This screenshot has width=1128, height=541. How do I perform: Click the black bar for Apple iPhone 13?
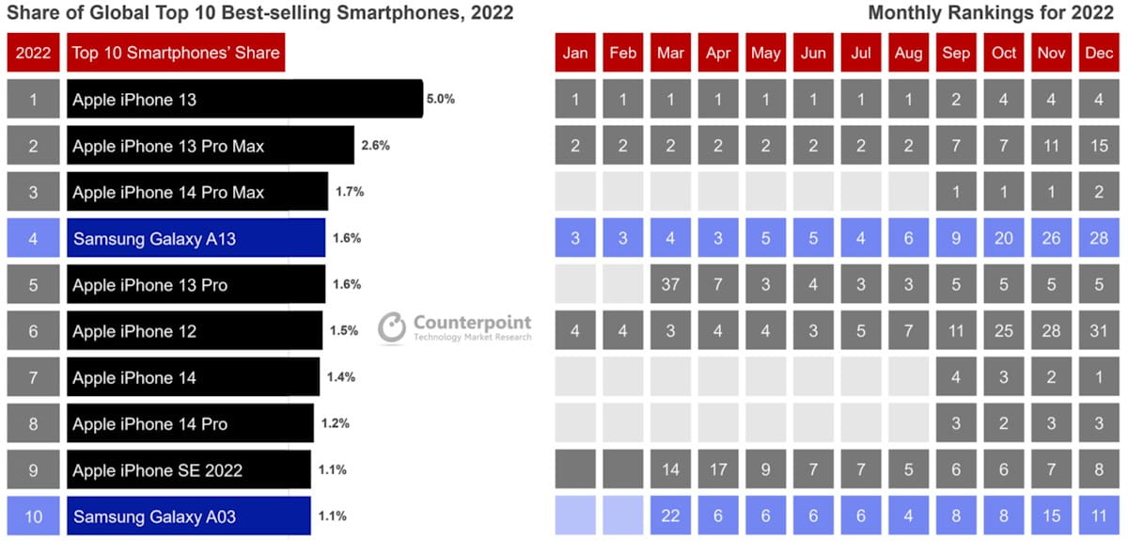(244, 99)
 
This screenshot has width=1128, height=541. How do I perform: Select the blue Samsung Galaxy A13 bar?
(196, 238)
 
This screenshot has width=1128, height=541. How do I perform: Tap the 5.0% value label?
(440, 99)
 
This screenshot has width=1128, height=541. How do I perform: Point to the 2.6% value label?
(375, 146)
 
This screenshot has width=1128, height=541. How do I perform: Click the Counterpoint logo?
(455, 327)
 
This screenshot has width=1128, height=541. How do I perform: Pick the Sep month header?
(956, 53)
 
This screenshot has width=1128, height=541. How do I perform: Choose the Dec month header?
(1099, 53)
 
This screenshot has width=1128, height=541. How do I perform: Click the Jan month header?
(575, 53)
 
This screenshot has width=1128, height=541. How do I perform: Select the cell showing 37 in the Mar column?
(670, 285)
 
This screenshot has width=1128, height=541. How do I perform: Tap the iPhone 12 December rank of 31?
(1099, 331)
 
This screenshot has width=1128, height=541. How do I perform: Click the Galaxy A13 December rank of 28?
(1099, 238)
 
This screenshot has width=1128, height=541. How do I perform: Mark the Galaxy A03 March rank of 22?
(670, 517)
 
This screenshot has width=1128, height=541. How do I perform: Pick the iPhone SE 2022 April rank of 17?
(718, 469)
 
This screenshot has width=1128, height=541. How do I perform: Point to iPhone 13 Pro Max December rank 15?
(1099, 146)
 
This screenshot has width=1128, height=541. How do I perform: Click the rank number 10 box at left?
(33, 517)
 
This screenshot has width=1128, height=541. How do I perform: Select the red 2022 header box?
(33, 53)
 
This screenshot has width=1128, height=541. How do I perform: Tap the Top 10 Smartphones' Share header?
(176, 53)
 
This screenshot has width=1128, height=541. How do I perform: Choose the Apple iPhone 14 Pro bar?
(190, 424)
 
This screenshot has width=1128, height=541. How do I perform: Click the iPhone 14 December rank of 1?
(1099, 377)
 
